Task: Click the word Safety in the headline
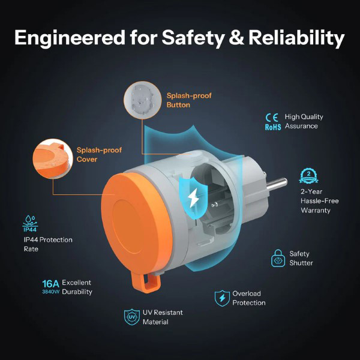click(193, 38)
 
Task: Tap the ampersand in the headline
click(236, 37)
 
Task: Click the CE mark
click(272, 118)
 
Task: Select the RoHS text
click(273, 127)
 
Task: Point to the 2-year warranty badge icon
click(308, 176)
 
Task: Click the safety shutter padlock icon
click(278, 258)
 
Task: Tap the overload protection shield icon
click(222, 298)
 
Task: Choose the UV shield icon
click(132, 317)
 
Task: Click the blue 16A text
click(50, 284)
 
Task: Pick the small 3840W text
click(51, 292)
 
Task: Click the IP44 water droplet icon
click(30, 223)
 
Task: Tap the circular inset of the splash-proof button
click(143, 100)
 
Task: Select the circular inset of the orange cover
click(53, 158)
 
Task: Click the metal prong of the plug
click(276, 184)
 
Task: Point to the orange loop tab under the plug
click(146, 281)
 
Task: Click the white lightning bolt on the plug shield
click(193, 197)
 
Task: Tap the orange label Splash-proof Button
click(189, 100)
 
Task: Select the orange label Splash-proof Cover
click(99, 155)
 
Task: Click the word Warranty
click(316, 211)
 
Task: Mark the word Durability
click(77, 292)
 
